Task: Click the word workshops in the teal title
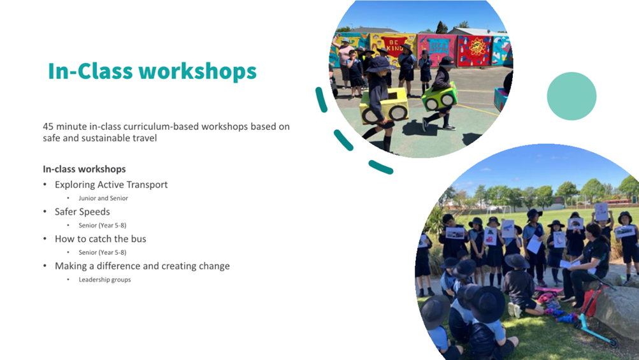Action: [197, 71]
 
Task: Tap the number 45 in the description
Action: [48, 126]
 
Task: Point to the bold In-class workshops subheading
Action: [84, 169]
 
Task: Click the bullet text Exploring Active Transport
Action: [111, 185]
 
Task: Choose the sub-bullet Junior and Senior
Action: [103, 198]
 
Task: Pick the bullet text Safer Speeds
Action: [82, 212]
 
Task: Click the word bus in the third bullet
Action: [139, 239]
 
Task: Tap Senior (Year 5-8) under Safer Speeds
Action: [103, 225]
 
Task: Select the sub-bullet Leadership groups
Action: [104, 280]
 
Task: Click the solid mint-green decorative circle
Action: [571, 96]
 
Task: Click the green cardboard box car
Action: [440, 97]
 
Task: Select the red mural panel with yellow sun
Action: [475, 50]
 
